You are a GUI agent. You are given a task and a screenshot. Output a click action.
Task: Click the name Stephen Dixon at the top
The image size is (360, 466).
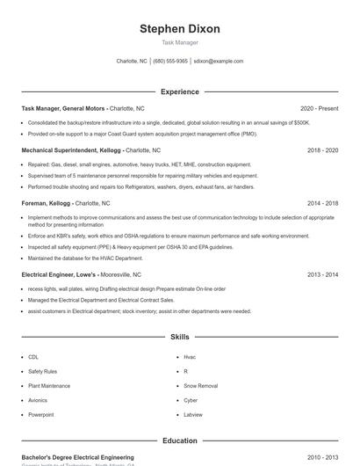(x=180, y=28)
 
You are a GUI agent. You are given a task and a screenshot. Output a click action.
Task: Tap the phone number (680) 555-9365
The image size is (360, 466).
(x=170, y=62)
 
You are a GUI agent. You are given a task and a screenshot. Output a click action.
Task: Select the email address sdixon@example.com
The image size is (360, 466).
(x=219, y=62)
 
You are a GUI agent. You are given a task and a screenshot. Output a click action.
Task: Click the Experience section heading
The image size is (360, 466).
(x=180, y=91)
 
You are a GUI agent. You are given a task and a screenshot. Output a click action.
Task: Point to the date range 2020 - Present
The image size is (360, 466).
(x=319, y=108)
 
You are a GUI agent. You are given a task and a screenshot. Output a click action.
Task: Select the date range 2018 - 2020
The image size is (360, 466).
(x=322, y=150)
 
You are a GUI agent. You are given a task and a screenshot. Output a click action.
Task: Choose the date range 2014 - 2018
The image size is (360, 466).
(x=322, y=202)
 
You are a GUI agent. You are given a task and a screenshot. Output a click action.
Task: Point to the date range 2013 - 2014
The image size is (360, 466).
(x=322, y=274)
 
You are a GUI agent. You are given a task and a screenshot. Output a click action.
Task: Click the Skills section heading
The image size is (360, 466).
(x=180, y=337)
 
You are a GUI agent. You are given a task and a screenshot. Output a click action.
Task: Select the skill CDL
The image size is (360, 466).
(x=33, y=357)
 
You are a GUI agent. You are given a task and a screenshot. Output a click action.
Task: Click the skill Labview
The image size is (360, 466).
(x=193, y=414)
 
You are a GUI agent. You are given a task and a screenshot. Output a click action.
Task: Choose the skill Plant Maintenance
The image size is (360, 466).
(x=49, y=386)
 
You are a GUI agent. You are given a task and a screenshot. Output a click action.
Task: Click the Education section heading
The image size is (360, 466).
(x=180, y=441)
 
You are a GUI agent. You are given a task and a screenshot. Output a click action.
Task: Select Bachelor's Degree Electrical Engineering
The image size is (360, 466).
(x=78, y=457)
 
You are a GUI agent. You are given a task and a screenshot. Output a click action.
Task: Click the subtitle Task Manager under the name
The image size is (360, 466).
(x=180, y=42)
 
